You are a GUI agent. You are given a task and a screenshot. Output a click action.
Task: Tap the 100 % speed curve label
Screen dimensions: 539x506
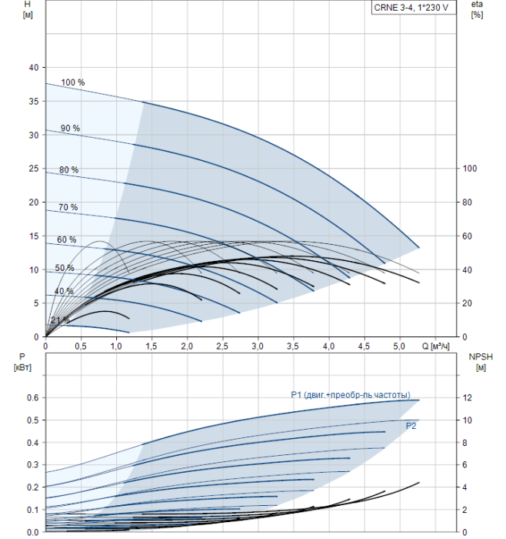point(72,82)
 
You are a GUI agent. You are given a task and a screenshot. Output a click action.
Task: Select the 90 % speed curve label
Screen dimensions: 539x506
point(70,128)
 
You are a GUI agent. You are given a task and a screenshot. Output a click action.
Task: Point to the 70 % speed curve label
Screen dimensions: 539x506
point(68,208)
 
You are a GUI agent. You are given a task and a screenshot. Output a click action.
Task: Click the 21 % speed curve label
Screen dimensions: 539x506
point(60,320)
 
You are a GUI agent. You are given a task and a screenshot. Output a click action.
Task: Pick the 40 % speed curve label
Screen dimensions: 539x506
point(64,292)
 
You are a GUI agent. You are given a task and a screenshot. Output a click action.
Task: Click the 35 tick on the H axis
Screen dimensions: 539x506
point(33,101)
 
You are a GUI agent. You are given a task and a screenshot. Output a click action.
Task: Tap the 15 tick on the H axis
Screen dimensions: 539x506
point(33,236)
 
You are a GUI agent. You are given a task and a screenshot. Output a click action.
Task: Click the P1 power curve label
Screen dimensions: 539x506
point(350,395)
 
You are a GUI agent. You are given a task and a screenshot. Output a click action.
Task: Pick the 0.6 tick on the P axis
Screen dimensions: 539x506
point(32,398)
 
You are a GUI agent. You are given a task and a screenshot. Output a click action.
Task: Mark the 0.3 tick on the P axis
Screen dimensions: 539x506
point(32,465)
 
